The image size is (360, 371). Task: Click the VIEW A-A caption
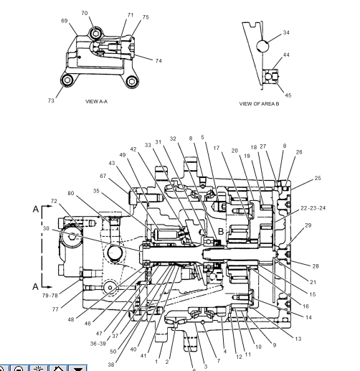coord(96,102)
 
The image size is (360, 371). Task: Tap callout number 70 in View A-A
coord(84,14)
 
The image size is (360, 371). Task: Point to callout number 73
coord(51,101)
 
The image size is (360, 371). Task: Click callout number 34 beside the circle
coord(286,33)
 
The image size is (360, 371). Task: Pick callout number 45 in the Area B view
coord(288,95)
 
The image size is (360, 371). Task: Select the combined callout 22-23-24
coord(313,207)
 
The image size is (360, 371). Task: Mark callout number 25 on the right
coord(318,178)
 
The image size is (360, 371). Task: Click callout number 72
coord(53,201)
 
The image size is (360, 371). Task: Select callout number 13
coord(298,338)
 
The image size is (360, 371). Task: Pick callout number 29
coord(308,225)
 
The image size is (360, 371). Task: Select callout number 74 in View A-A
coord(158,61)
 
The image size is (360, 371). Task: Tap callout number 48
coord(71,319)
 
